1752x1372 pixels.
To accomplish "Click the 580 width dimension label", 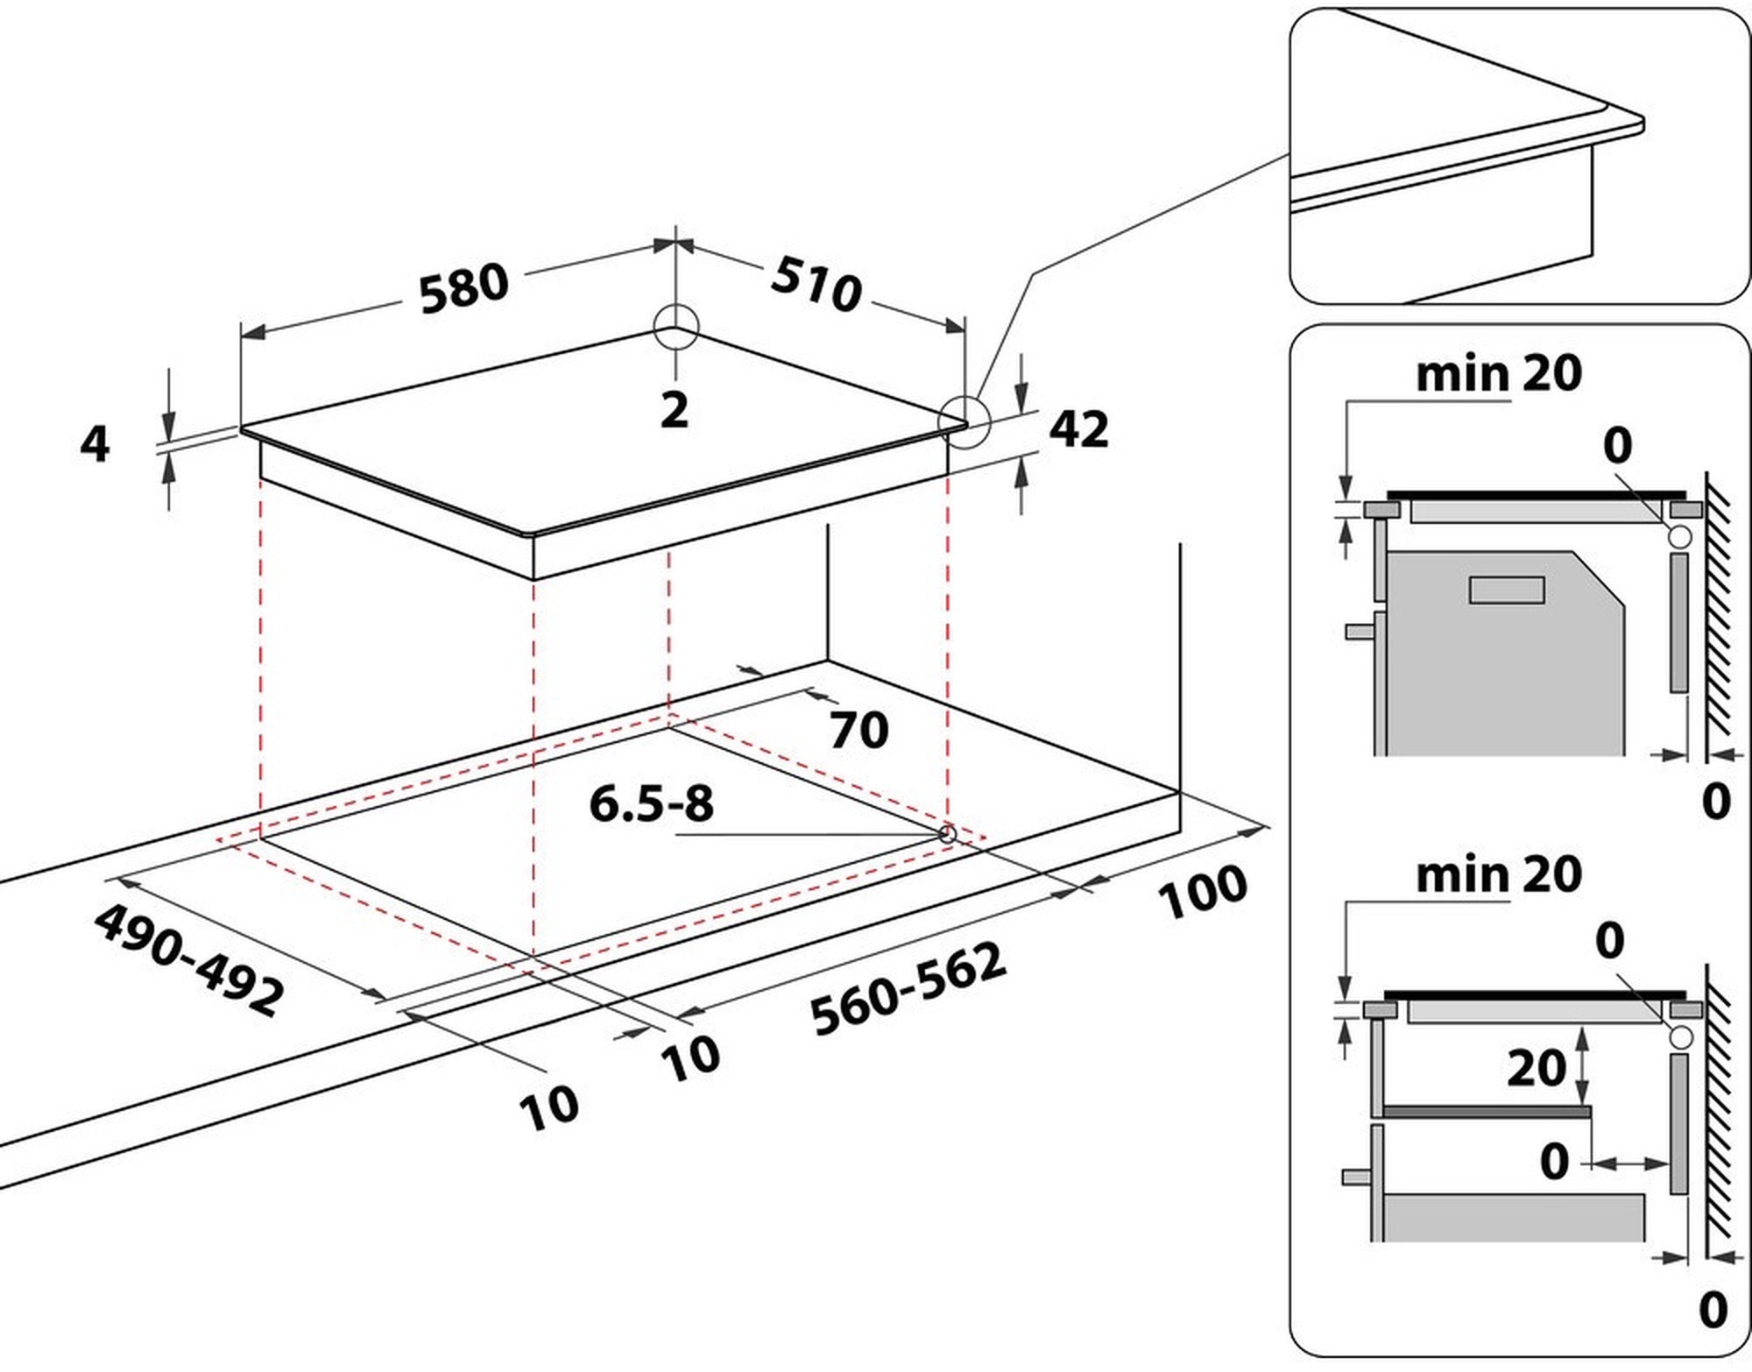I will pyautogui.click(x=463, y=288).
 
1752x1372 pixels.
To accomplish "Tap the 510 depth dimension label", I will pyautogui.click(x=816, y=284).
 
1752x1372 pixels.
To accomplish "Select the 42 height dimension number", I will pyautogui.click(x=1078, y=428).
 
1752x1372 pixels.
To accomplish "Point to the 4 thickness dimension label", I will pyautogui.click(x=95, y=443).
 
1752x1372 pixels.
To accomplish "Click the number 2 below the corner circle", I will pyautogui.click(x=674, y=410).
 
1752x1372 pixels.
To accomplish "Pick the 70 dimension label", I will pyautogui.click(x=858, y=730).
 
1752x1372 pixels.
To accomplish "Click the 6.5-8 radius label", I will pyautogui.click(x=651, y=803).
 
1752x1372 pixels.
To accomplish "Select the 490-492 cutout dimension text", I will pyautogui.click(x=189, y=960).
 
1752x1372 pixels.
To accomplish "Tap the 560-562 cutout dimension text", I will pyautogui.click(x=908, y=989).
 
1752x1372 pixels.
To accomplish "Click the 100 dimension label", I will pyautogui.click(x=1202, y=892).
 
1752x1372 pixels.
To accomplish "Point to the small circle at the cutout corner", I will pyautogui.click(x=947, y=833).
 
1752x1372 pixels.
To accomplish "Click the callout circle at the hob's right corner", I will pyautogui.click(x=964, y=421).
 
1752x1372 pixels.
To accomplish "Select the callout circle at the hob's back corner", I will pyautogui.click(x=675, y=328).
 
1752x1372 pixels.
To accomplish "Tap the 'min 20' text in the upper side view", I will pyautogui.click(x=1499, y=374).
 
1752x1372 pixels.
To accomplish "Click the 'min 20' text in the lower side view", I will pyautogui.click(x=1499, y=874).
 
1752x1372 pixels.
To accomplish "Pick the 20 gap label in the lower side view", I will pyautogui.click(x=1536, y=1067).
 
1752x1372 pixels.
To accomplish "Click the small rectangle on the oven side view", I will pyautogui.click(x=1506, y=591).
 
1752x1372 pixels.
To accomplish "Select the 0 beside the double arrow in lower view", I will pyautogui.click(x=1554, y=1162).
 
